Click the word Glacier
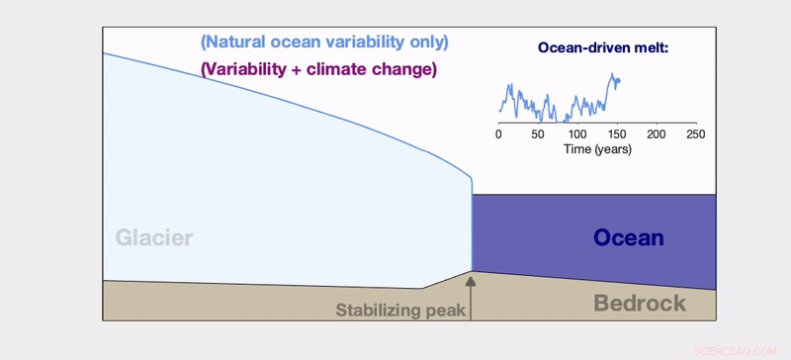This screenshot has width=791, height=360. tap(153, 238)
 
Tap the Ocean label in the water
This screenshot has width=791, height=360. tap(628, 238)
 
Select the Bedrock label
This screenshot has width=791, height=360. tap(640, 304)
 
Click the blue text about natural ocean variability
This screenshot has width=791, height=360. tap(324, 43)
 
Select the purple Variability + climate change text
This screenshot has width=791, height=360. tap(317, 70)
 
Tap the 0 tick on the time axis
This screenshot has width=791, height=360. tap(498, 134)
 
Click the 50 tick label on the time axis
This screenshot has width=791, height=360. tap(538, 134)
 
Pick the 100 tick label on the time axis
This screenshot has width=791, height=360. tap(577, 134)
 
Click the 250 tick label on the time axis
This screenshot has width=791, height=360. tap(696, 134)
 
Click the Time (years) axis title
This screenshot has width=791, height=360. tap(597, 149)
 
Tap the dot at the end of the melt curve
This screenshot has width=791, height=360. tap(618, 81)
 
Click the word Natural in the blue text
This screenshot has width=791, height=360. tap(235, 43)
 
